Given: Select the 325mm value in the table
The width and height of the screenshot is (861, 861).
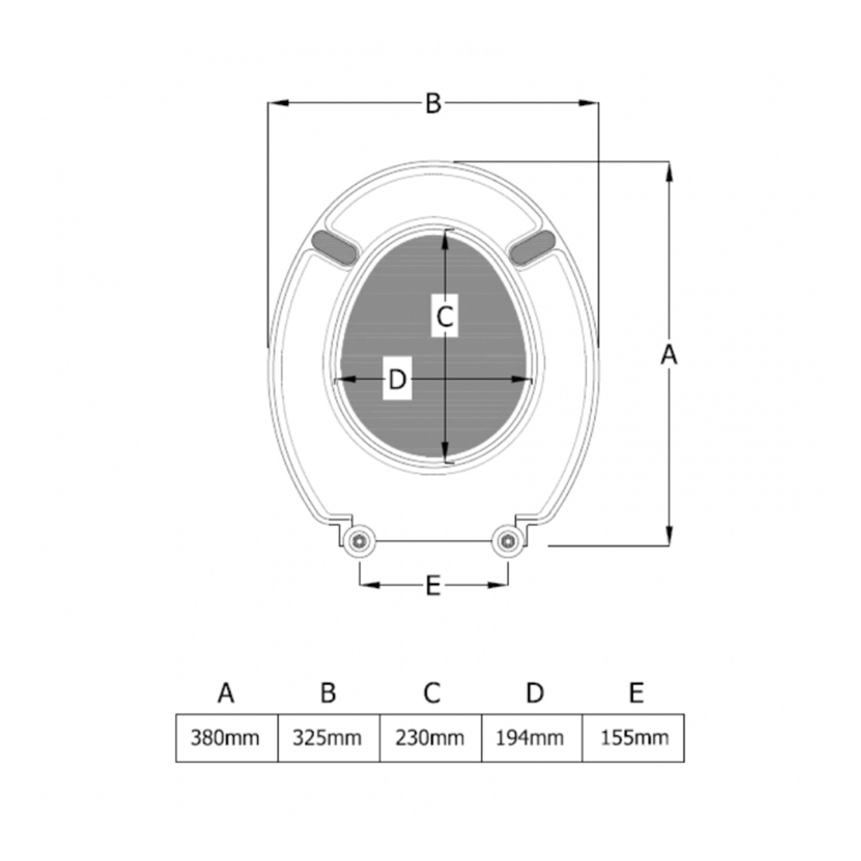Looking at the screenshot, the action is (328, 739).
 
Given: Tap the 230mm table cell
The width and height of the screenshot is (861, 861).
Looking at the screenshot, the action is (430, 739).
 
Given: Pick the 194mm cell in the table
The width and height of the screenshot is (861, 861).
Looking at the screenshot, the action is (531, 739).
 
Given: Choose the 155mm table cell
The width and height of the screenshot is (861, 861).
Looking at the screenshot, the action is (633, 739).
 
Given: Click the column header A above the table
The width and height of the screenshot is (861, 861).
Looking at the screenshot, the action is (226, 693).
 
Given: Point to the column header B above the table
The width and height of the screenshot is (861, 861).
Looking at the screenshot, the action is (328, 693).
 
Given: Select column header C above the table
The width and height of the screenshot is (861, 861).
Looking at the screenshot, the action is (432, 693).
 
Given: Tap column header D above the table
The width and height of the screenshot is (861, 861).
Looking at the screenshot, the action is (535, 693).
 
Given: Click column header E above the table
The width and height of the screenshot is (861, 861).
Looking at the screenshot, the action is (636, 693).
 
